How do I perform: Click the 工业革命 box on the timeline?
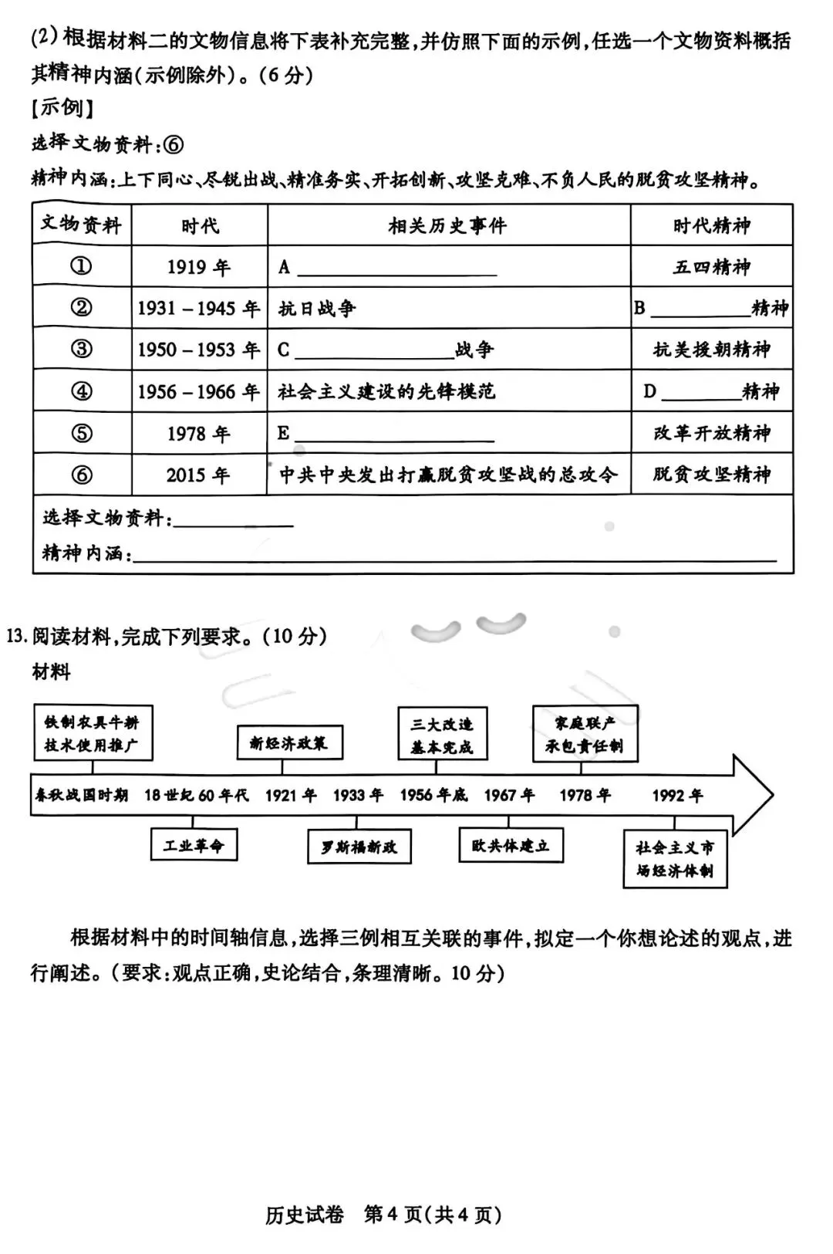coord(194,845)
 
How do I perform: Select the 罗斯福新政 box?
coord(359,847)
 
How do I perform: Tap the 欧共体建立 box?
coord(511,845)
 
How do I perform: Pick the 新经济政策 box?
coord(288,742)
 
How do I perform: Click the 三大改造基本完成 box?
coord(442,735)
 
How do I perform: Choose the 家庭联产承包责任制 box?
coord(585,734)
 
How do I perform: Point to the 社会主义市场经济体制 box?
coord(675,859)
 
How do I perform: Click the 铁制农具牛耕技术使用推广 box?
coord(92,733)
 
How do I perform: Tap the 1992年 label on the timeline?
coord(677,795)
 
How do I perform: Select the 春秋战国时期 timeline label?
coord(81,795)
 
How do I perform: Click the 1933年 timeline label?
coord(358,795)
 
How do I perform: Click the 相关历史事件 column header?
coord(448,225)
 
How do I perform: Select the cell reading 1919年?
coord(199,267)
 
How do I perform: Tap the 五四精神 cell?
coord(711,267)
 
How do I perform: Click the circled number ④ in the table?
coord(82,391)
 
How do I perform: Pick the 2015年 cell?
coord(199,475)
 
